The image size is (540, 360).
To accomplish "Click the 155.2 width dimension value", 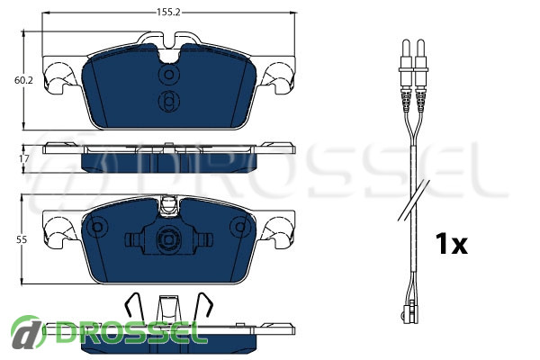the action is pyautogui.click(x=169, y=13).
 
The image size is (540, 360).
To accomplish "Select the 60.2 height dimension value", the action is pyautogui.click(x=23, y=80).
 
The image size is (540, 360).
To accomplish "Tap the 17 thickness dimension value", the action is pyautogui.click(x=23, y=158).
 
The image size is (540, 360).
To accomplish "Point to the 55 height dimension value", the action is pyautogui.click(x=22, y=239).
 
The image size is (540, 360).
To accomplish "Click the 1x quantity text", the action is pyautogui.click(x=452, y=244).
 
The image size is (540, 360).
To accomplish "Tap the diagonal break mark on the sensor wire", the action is pyautogui.click(x=414, y=200).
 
